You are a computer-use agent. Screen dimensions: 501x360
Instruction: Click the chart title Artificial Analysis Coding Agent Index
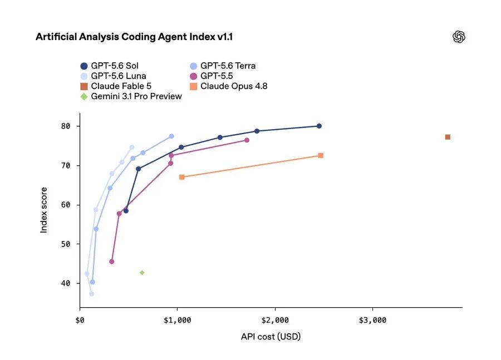coord(126,37)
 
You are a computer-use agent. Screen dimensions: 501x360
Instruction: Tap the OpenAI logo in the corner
coord(459,37)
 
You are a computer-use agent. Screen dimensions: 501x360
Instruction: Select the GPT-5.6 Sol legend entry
coord(110,66)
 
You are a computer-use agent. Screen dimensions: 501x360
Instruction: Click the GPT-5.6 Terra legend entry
coord(223,66)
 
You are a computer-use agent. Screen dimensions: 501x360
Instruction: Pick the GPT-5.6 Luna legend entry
coord(114,76)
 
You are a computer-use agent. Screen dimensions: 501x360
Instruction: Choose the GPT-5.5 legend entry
coord(212,76)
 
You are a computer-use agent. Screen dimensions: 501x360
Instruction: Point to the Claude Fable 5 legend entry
coord(116,86)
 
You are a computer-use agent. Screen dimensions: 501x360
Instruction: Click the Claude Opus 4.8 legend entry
coord(228,86)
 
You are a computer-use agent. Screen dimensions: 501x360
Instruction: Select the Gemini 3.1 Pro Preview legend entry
coord(131,96)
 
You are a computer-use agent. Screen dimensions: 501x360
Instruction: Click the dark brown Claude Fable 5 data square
coord(448,137)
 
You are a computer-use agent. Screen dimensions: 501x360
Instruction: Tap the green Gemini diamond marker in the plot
coord(142,273)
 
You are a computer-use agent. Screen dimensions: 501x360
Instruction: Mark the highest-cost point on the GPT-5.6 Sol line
coord(319,126)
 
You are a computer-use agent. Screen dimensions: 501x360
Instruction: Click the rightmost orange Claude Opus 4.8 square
coord(321,156)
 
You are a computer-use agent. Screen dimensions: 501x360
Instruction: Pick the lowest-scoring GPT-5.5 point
coord(111,262)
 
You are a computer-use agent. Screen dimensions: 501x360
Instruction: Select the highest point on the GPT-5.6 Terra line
coord(171,136)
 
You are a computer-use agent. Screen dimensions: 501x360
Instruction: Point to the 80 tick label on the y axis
coord(66,126)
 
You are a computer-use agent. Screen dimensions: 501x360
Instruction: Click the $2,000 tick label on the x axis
coord(275,320)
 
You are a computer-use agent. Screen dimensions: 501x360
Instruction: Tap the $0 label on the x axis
coord(80,320)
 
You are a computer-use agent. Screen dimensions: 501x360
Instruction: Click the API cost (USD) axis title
coord(271,337)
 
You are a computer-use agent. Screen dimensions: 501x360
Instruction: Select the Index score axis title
coord(44,210)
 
